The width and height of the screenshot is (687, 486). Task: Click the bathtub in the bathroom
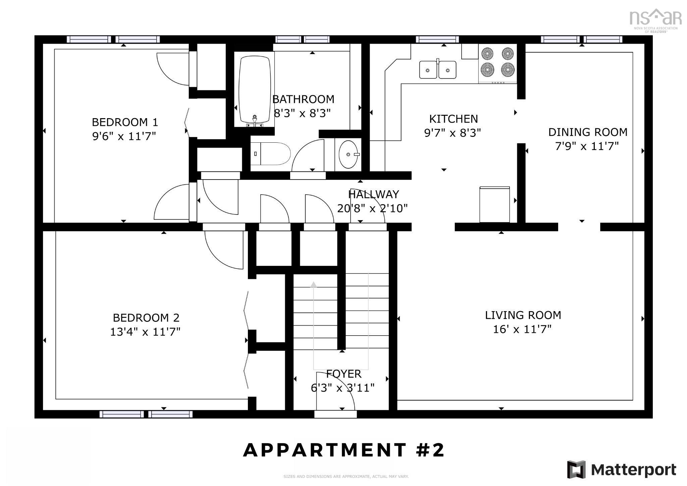(254, 90)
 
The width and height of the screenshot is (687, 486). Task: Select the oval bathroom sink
(348, 154)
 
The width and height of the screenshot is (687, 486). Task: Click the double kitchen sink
(437, 70)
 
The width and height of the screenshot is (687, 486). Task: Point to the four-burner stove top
(497, 62)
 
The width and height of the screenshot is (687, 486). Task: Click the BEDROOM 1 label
(125, 122)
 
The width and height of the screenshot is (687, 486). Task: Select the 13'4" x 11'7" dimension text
(145, 332)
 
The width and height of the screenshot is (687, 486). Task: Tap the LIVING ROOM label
(523, 315)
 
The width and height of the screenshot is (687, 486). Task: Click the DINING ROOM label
(587, 132)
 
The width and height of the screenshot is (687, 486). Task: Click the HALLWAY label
(373, 194)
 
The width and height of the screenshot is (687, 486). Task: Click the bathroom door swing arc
(308, 156)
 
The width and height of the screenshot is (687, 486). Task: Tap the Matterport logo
(621, 470)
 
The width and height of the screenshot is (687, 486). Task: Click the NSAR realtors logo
(655, 19)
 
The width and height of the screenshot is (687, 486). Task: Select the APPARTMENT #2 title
(343, 450)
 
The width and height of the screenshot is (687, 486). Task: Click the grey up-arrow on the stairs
(314, 285)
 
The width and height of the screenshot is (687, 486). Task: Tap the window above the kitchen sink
(437, 40)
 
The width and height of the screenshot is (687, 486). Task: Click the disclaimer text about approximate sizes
(346, 476)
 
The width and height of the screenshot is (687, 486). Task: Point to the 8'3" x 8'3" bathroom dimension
(302, 113)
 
